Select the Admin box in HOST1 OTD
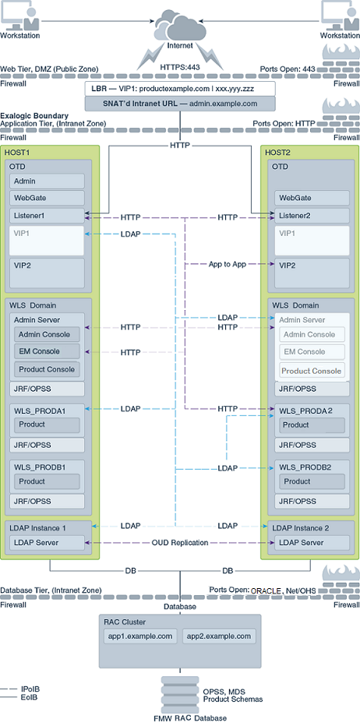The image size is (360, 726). pos(47,181)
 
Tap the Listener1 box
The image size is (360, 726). pos(47,215)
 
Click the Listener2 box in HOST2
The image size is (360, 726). pos(312,215)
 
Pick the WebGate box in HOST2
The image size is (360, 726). pos(312,198)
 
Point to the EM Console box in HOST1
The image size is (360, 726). pos(47,351)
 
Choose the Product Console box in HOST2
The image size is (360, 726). pos(312,371)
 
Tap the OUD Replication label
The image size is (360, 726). pos(180,543)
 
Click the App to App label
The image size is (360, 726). pos(227,265)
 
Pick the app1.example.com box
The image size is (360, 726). pos(140,636)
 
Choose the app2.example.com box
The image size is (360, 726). pos(219,636)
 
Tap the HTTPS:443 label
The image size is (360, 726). pos(180,67)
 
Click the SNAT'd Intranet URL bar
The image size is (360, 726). pos(180,104)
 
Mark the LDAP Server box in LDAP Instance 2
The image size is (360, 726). pos(312,543)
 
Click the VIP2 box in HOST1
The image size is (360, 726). pos(47,273)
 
